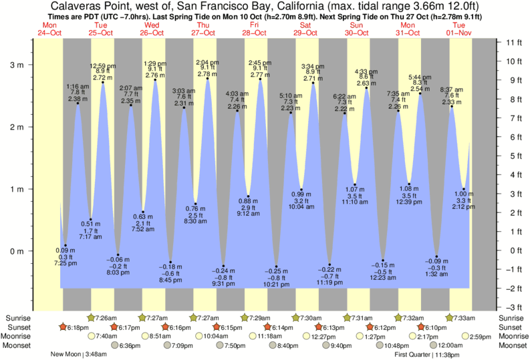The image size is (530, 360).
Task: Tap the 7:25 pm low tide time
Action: [x=65, y=264]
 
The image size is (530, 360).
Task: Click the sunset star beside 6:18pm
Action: [x=62, y=327]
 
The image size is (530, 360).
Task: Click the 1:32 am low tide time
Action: [x=436, y=275]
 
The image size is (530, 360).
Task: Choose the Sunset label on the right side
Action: [x=513, y=327]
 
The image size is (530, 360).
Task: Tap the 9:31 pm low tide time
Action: [x=225, y=283]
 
